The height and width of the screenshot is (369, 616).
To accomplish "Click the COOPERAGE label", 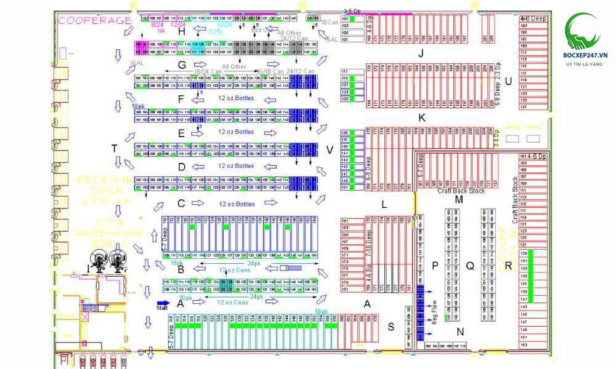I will click(95, 20).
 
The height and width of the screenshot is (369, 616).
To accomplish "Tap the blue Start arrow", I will click(163, 303).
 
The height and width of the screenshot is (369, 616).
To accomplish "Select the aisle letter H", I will click(181, 31).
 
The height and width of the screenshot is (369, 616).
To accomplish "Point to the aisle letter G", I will click(181, 65).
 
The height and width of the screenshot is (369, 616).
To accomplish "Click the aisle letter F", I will click(180, 98).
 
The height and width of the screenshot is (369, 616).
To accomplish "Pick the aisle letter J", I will click(421, 53).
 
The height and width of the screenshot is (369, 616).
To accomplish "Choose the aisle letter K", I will click(421, 117).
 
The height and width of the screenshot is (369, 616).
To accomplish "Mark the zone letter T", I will click(115, 148).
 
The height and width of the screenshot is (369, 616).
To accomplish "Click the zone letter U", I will click(508, 81).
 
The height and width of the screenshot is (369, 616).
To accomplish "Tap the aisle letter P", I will click(435, 266).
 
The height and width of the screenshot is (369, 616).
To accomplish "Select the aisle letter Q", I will click(470, 266).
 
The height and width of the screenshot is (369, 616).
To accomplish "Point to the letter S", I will click(391, 327).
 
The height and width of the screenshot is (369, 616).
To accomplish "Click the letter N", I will click(460, 332).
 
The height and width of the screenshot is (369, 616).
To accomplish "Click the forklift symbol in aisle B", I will click(288, 269).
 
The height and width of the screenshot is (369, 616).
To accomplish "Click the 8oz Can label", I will click(261, 29).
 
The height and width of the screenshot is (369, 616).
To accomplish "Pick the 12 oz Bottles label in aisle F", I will click(235, 98).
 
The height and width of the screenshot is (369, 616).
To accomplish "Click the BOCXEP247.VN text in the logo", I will click(585, 55).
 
